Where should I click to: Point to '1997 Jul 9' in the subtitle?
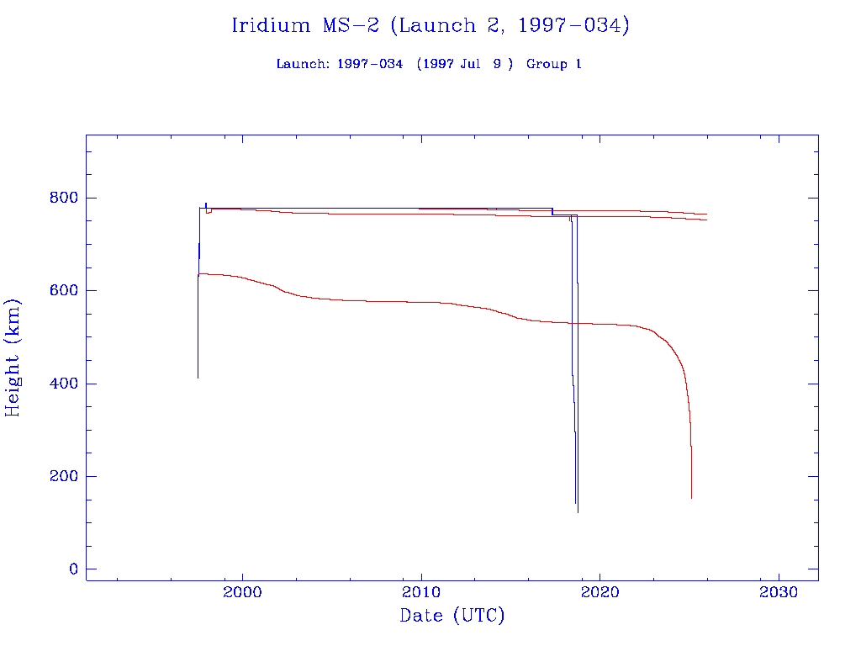[x=464, y=65]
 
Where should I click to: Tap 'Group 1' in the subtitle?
[x=554, y=65]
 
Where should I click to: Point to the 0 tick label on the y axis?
[x=72, y=569]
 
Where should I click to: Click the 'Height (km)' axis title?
[x=13, y=357]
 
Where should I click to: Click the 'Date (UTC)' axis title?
[x=452, y=617]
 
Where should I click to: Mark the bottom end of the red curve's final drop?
[x=691, y=498]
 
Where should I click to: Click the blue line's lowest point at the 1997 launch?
[x=198, y=378]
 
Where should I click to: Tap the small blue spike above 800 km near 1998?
[x=205, y=203]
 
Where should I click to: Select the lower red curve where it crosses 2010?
[x=421, y=302]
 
